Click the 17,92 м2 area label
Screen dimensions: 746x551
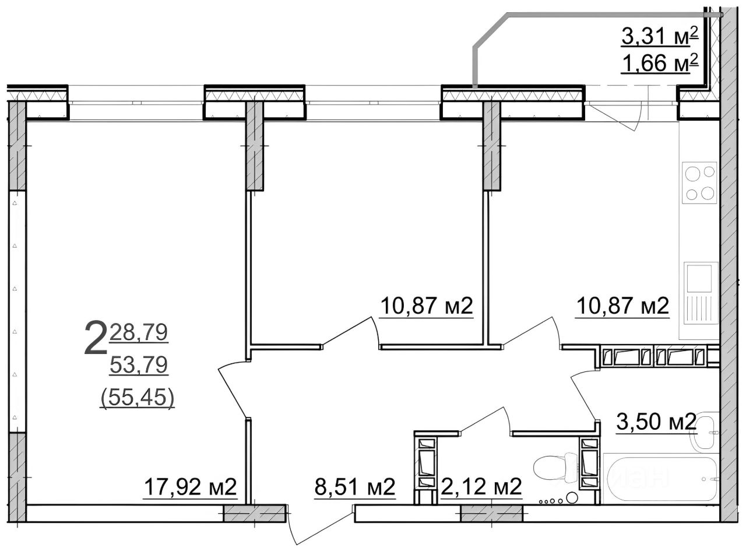click(x=191, y=487)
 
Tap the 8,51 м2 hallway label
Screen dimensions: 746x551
click(x=354, y=487)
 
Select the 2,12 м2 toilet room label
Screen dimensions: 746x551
click(x=481, y=487)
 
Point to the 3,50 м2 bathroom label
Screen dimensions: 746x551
click(x=656, y=422)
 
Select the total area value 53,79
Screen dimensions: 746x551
click(x=139, y=365)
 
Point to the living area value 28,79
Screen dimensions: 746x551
click(x=139, y=332)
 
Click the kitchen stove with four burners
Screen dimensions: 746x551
click(x=699, y=183)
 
